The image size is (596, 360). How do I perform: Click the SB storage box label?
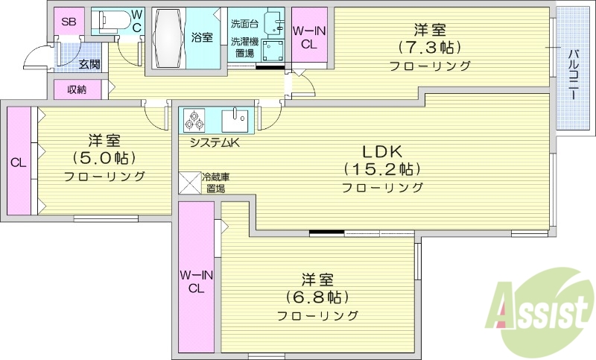(69, 22)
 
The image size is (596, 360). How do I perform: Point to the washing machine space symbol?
(273, 50)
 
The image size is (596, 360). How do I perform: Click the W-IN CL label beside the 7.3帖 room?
(308, 37)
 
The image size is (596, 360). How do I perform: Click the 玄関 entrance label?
(89, 65)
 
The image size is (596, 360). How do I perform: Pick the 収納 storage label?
(77, 89)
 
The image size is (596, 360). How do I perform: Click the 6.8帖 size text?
(317, 297)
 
